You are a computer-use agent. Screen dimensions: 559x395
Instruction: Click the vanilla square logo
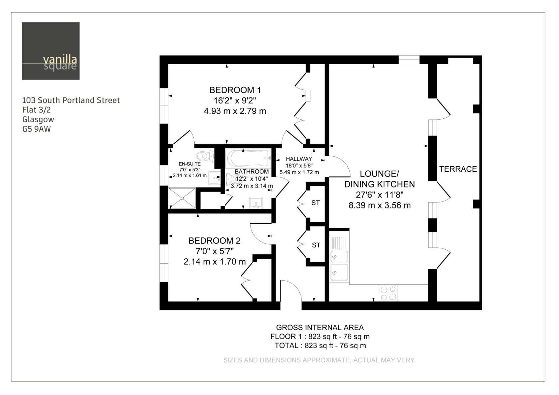(51, 51)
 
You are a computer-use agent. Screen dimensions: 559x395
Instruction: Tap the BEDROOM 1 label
(235, 90)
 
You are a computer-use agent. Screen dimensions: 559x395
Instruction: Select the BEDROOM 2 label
(214, 241)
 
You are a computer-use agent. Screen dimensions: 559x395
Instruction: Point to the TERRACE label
(458, 169)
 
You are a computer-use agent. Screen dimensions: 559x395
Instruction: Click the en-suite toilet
(206, 156)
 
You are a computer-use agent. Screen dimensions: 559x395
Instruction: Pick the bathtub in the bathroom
(248, 158)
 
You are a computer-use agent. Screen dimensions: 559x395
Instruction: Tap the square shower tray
(182, 198)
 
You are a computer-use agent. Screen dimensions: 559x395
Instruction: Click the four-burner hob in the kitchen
(388, 293)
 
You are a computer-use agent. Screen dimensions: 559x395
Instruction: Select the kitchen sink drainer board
(339, 243)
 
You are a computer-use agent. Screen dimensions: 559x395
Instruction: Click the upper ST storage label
(315, 203)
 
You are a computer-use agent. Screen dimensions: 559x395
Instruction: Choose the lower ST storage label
(316, 245)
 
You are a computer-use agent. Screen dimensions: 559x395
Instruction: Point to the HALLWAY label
(299, 159)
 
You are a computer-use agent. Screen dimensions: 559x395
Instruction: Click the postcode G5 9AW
(37, 129)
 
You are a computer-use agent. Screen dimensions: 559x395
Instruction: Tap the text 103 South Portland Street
(71, 100)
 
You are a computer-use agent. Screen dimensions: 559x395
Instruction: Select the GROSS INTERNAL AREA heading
(320, 328)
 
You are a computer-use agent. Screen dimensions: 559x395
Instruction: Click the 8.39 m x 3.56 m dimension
(380, 205)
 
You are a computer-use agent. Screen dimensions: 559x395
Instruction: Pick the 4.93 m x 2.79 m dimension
(235, 111)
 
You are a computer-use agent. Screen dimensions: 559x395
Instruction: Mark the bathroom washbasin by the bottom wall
(256, 203)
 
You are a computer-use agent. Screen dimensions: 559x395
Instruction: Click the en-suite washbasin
(214, 178)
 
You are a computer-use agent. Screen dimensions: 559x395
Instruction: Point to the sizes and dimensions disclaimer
(320, 360)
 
